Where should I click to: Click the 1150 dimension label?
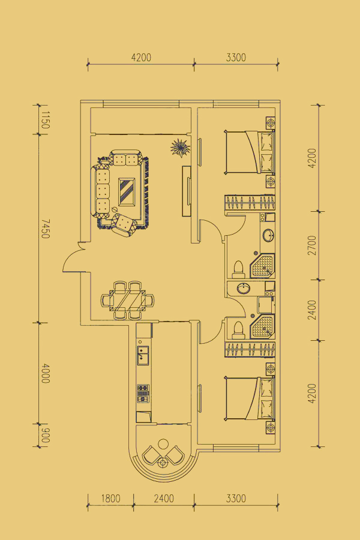(46, 120)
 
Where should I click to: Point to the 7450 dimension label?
(46, 229)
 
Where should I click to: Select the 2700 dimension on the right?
(312, 245)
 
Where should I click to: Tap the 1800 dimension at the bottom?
(110, 499)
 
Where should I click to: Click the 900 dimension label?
(46, 436)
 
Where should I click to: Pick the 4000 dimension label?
(46, 373)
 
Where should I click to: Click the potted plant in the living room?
(180, 148)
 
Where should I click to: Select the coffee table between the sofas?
(127, 192)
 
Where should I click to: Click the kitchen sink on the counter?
(143, 355)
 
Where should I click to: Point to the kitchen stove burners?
(143, 394)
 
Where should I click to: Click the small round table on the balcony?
(163, 443)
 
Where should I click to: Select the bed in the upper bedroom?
(250, 152)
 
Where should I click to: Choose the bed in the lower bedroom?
(250, 398)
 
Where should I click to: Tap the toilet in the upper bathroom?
(238, 269)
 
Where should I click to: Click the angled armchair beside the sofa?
(124, 224)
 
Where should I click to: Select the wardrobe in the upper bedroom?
(250, 203)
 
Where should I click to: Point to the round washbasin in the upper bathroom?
(268, 236)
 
